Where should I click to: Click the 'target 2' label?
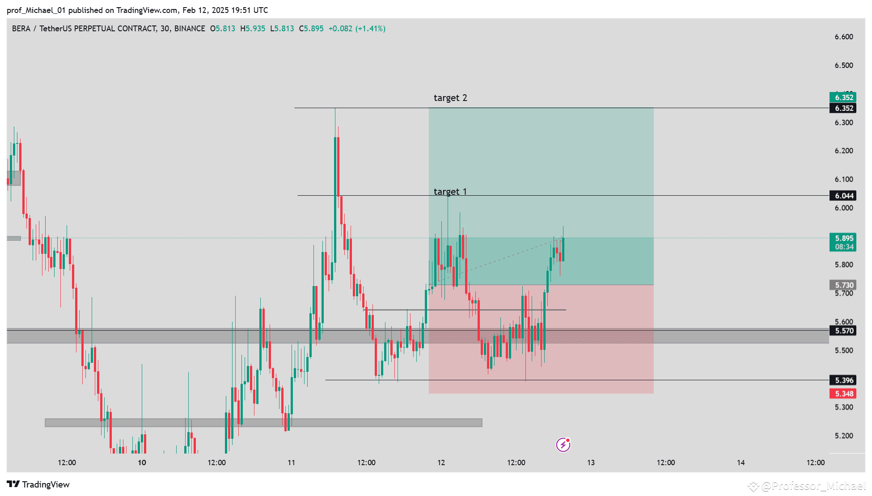click(450, 98)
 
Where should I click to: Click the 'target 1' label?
click(450, 192)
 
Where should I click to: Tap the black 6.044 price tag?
click(843, 196)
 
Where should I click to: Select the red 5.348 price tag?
click(843, 394)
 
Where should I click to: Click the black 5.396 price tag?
click(843, 380)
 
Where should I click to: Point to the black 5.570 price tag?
click(843, 331)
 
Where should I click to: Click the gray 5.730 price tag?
click(843, 285)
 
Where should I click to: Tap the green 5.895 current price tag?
click(843, 238)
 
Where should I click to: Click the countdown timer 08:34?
click(843, 247)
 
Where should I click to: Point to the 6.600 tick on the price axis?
click(843, 37)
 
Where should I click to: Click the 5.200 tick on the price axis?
click(843, 436)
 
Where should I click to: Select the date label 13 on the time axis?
click(591, 462)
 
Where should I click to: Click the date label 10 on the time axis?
click(142, 462)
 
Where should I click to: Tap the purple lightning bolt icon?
click(563, 445)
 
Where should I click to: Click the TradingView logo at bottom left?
click(38, 484)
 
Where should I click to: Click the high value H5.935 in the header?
click(253, 29)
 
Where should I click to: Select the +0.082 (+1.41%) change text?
click(357, 29)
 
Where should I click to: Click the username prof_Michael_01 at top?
click(36, 10)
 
